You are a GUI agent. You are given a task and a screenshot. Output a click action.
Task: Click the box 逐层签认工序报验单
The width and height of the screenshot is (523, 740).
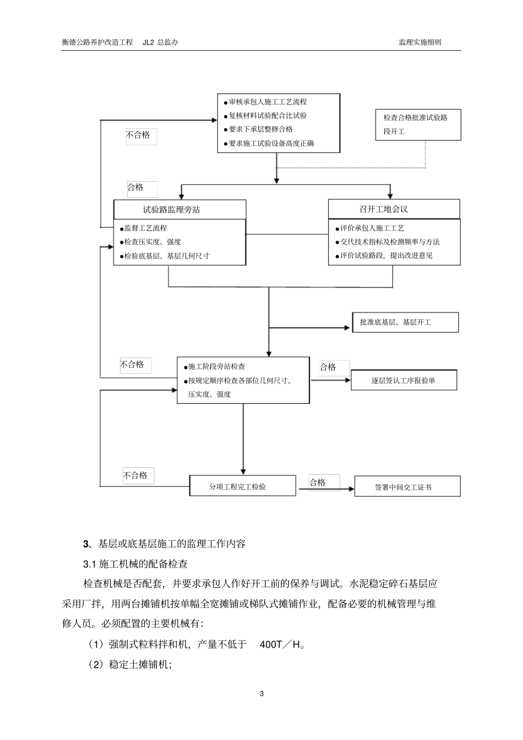coord(404,380)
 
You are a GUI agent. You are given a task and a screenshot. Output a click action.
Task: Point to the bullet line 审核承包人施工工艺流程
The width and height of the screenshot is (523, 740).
coord(268,102)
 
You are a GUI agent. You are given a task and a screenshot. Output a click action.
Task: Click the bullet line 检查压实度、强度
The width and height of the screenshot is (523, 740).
coord(152,242)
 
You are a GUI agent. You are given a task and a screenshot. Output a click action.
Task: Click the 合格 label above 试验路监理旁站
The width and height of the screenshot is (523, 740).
coord(135,188)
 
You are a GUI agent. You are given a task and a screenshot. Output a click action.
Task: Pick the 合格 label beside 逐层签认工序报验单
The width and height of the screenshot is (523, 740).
coord(328,367)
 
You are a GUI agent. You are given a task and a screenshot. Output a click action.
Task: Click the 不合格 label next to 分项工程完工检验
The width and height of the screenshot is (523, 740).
coord(135,475)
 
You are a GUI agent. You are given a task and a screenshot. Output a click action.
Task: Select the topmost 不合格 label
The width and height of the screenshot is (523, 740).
coord(138,135)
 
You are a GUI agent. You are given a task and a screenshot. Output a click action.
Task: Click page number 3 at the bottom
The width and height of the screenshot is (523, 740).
coord(261,693)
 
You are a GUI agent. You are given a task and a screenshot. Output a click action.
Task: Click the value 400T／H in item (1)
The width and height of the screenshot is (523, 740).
coord(282,644)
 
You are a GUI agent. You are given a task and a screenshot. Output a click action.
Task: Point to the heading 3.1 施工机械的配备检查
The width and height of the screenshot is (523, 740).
coord(135,564)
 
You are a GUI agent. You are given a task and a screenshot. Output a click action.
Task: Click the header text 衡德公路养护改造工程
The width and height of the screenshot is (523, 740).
coord(97,42)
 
